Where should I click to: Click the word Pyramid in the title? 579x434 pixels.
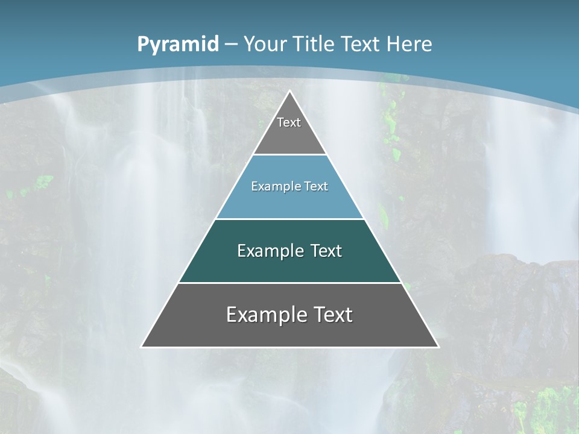[178, 45]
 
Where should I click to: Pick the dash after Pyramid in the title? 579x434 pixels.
[231, 45]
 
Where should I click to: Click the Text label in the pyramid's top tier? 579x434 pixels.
[289, 122]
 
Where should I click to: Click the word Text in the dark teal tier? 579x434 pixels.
[326, 251]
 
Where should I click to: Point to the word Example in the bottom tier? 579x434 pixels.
[266, 315]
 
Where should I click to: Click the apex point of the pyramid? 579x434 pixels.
[290, 92]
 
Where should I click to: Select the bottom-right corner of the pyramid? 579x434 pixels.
[438, 347]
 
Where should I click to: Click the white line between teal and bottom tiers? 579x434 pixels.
[290, 283]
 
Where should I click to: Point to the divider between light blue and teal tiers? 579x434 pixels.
[290, 219]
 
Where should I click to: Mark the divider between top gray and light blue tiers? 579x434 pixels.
[290, 154]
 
